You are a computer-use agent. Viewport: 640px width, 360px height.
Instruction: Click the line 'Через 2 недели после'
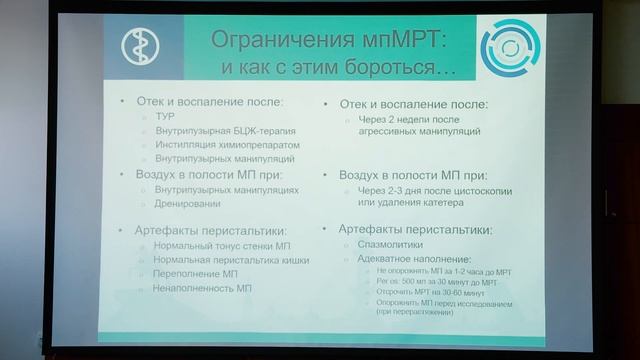tap(405, 117)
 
